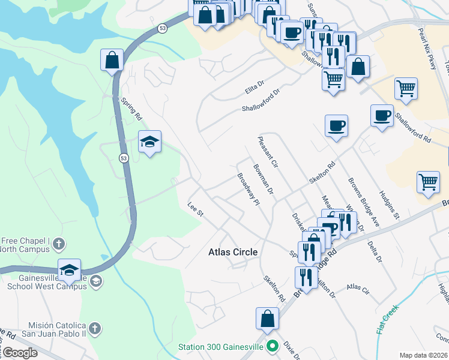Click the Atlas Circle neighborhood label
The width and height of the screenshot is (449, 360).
(233, 252)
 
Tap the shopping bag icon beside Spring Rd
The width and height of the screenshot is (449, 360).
(112, 60)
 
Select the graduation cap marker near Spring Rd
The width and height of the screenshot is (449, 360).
(149, 142)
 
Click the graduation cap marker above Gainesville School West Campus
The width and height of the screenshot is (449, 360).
(70, 270)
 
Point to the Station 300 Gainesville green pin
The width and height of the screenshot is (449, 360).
(273, 346)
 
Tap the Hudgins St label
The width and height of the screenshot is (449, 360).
(389, 207)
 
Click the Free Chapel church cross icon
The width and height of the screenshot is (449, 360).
(58, 244)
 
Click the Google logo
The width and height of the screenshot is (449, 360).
(19, 353)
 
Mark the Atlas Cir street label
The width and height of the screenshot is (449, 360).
(358, 289)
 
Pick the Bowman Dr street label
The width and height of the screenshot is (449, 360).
(263, 179)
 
